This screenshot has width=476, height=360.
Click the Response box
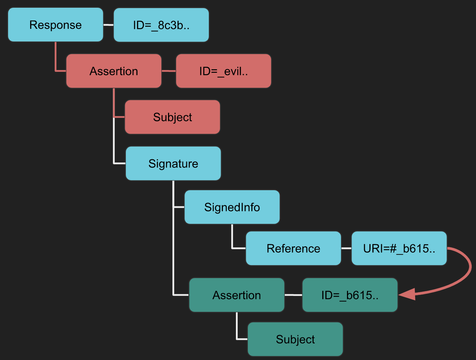pyautogui.click(x=56, y=25)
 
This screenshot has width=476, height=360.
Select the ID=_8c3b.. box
pyautogui.click(x=161, y=25)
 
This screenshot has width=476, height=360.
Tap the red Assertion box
pyautogui.click(x=114, y=71)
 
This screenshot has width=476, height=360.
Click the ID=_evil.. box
pyautogui.click(x=223, y=71)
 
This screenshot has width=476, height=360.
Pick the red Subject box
pyautogui.click(x=172, y=117)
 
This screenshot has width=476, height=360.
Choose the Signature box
pyautogui.click(x=173, y=163)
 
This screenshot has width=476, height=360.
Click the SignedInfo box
pyautogui.click(x=232, y=207)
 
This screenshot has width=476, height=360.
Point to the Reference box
pyautogui.click(x=293, y=248)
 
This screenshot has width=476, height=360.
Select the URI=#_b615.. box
pyautogui.click(x=399, y=248)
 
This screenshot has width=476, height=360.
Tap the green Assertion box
pyautogui.click(x=236, y=295)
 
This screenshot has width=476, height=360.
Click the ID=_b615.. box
pyautogui.click(x=349, y=295)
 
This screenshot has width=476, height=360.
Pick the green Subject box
pyautogui.click(x=295, y=339)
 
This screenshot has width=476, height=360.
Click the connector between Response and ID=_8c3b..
pyautogui.click(x=108, y=25)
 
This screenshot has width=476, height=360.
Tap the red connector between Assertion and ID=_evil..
pyautogui.click(x=168, y=71)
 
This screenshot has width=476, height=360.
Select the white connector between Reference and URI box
pyautogui.click(x=346, y=248)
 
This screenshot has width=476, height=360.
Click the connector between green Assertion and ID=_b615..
pyautogui.click(x=293, y=295)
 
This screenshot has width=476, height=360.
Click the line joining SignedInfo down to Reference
pyautogui.click(x=232, y=239)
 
